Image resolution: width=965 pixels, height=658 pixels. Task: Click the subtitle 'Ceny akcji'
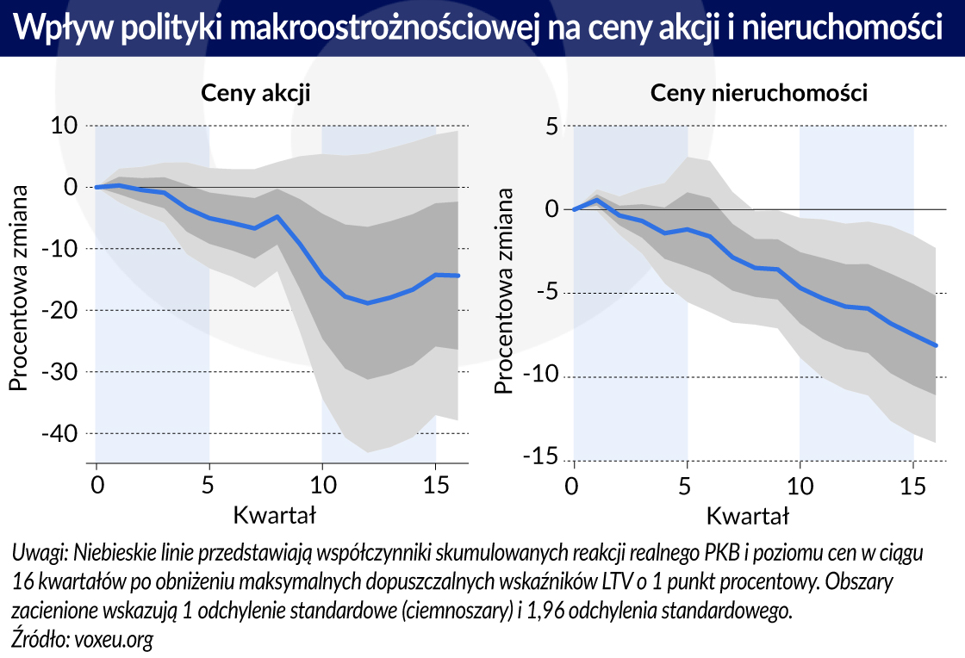click(x=255, y=93)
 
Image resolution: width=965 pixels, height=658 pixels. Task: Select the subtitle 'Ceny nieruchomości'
click(x=758, y=93)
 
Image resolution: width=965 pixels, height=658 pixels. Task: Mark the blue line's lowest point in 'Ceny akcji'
click(x=368, y=303)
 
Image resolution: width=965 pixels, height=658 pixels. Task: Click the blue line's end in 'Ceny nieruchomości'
click(x=936, y=345)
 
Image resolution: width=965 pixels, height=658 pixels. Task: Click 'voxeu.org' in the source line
click(x=110, y=640)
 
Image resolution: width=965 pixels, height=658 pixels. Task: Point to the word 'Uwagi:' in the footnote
click(x=40, y=552)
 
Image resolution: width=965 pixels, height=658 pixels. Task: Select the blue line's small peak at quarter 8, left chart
click(x=277, y=216)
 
